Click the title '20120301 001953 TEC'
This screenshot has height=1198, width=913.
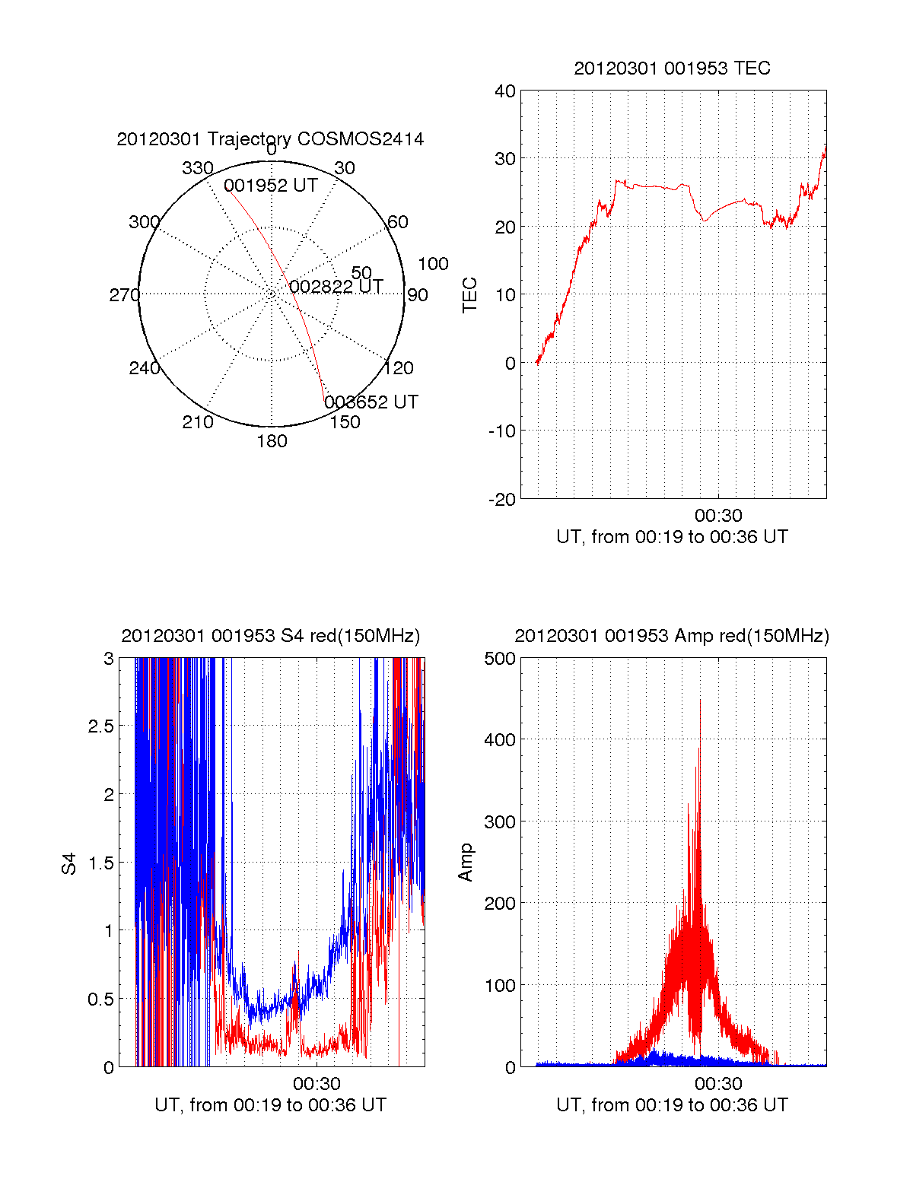pos(672,68)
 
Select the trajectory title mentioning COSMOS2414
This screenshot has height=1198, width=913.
pos(270,139)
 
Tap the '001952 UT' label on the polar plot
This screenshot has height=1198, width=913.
pos(270,186)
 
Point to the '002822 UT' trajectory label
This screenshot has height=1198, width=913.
pos(336,287)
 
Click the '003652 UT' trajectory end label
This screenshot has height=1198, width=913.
pos(371,402)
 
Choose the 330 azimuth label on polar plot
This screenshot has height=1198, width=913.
pos(197,168)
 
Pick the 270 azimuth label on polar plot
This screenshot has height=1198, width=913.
pos(124,295)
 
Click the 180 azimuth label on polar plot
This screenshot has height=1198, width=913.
pos(272,441)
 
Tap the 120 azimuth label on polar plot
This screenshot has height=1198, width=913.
pos(399,368)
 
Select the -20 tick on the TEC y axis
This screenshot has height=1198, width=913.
pos(502,500)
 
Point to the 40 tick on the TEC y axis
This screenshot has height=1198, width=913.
pos(505,91)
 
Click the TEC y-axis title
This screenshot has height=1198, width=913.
pos(470,294)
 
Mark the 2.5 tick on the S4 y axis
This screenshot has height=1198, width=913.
pos(101,726)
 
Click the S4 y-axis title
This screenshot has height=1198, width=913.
pos(69,863)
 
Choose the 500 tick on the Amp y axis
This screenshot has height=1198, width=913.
pos(500,659)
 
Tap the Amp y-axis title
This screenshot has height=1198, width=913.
pos(466,863)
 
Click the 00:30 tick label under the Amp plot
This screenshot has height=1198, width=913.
pos(718,1083)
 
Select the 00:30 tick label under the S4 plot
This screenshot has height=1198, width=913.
pos(317,1083)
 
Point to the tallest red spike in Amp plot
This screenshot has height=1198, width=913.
pos(700,702)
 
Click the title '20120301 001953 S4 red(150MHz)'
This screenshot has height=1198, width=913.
pos(270,636)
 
